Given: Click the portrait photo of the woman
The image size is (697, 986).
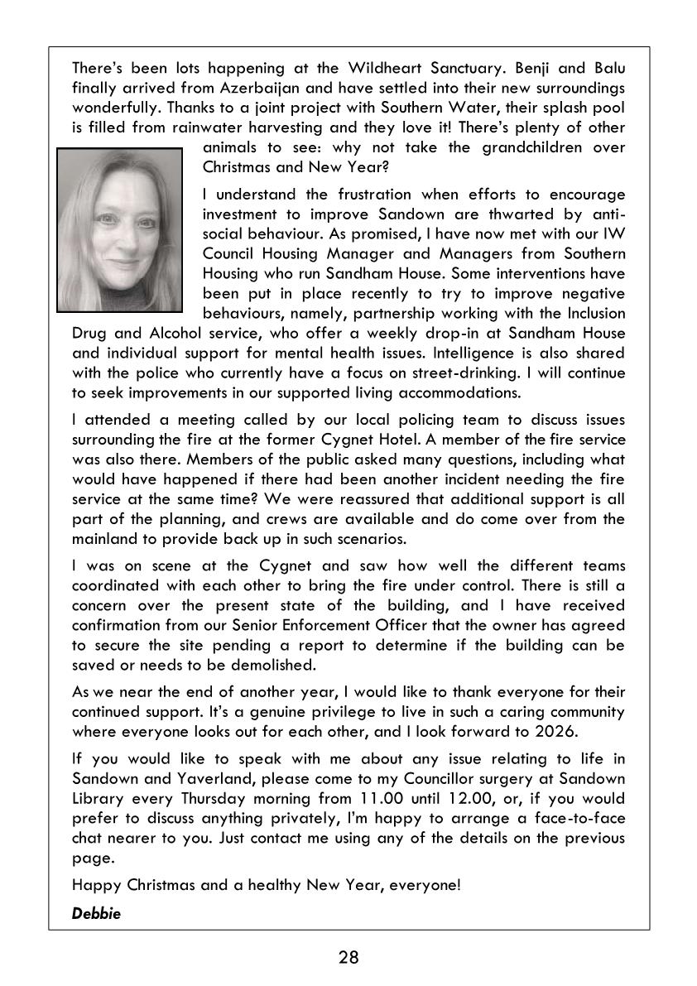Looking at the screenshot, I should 119,230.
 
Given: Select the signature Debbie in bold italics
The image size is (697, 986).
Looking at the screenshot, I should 96,914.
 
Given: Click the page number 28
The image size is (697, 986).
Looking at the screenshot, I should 348,958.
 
